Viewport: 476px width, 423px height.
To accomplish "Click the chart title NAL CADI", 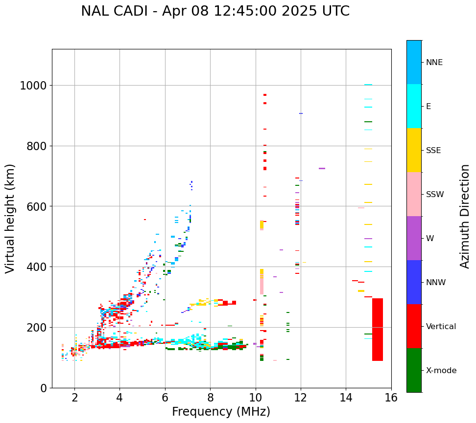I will [215, 11].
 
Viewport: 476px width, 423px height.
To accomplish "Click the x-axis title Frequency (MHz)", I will [221, 412].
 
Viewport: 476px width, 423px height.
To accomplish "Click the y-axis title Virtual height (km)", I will [10, 218].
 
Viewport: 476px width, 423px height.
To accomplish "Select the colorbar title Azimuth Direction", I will [465, 216].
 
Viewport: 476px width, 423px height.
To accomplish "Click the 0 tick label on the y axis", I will [44, 388].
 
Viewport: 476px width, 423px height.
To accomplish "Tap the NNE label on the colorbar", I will [434, 62].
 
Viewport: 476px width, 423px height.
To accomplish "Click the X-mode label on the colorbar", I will [441, 370].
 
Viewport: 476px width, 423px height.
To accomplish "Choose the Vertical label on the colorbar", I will [441, 326].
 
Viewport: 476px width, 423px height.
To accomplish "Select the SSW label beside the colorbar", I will [435, 194].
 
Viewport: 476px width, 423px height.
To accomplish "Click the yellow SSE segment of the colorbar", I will [414, 150].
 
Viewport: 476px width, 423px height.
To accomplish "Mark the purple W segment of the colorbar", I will [414, 238].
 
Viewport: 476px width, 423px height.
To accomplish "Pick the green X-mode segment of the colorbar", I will [414, 370].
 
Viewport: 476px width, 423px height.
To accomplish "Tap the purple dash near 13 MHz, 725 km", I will [322, 169].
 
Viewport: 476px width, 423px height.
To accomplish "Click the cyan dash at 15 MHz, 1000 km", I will [368, 85].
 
